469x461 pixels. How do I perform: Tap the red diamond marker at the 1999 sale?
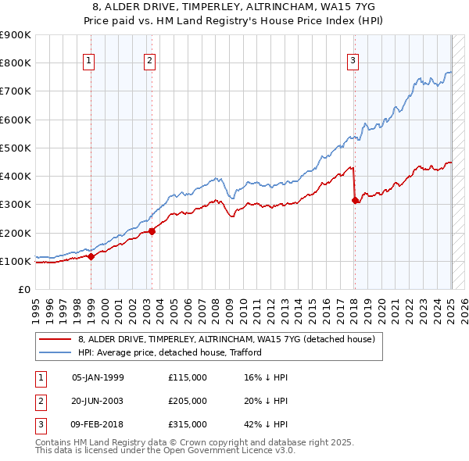pos(91,256)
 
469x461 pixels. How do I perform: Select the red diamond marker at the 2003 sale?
pos(152,230)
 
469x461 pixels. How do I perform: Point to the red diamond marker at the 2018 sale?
pos(356,200)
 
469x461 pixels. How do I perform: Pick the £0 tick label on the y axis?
pos(23,290)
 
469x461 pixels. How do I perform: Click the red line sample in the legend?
pos(55,339)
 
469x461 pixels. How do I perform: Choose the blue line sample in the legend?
pos(55,352)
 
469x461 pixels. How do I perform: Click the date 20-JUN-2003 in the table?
pos(98,401)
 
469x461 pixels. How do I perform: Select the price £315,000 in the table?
pos(188,424)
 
